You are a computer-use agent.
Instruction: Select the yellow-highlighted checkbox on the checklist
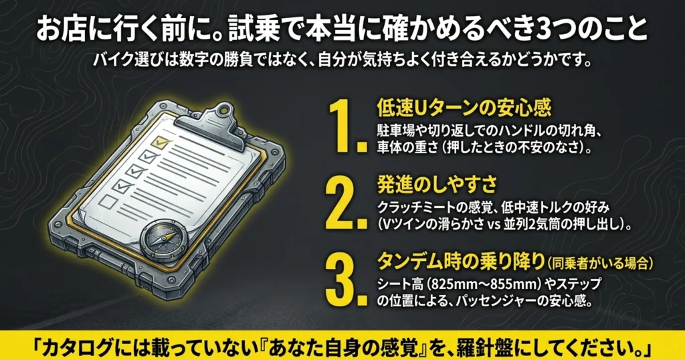point(160,142)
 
